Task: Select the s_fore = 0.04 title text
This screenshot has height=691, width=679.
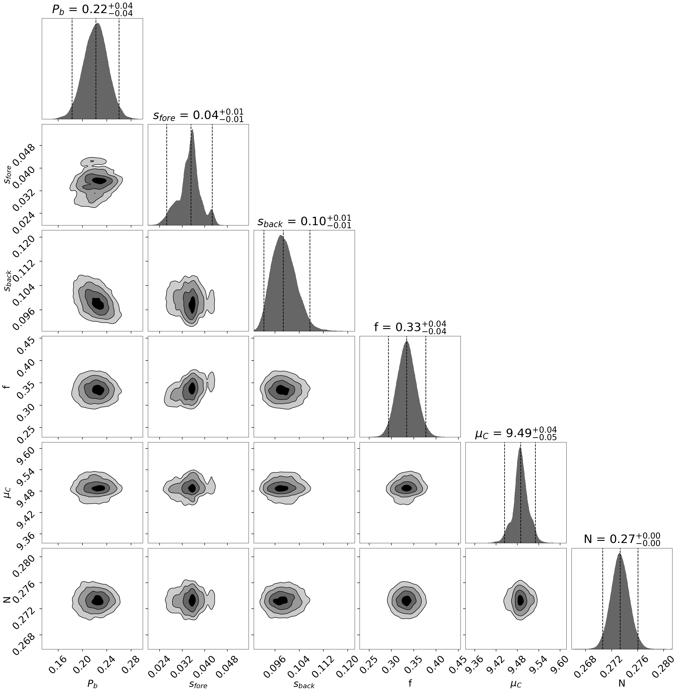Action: [198, 115]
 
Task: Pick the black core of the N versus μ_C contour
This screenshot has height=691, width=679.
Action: [520, 600]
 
